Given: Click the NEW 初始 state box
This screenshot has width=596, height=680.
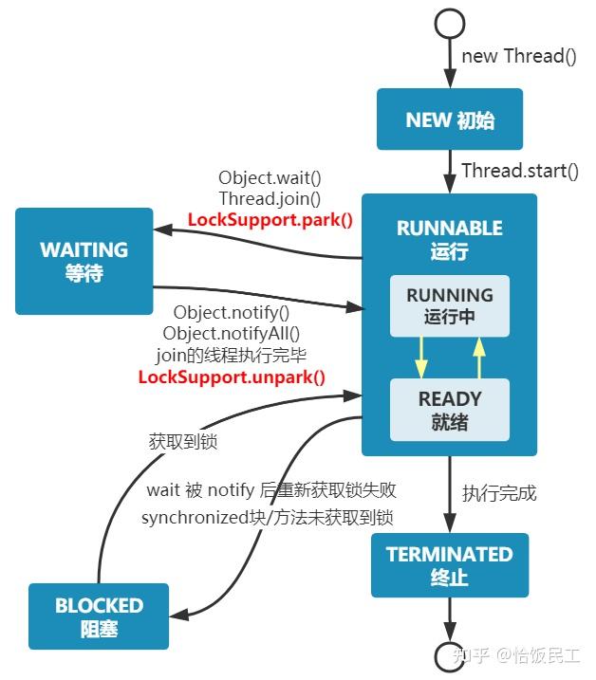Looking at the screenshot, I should [x=450, y=119].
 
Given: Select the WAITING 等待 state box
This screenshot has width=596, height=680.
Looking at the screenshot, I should [x=84, y=261].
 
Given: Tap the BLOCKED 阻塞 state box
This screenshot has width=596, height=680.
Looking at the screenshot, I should [x=99, y=616].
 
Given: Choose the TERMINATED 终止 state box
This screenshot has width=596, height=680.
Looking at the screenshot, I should [x=449, y=564].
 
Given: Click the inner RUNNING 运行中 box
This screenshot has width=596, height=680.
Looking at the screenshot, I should [x=449, y=306].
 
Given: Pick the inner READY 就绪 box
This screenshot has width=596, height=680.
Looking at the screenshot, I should [x=449, y=410].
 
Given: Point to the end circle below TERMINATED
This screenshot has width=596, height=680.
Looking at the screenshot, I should [x=450, y=655].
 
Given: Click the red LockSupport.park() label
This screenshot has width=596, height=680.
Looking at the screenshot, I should [x=270, y=220].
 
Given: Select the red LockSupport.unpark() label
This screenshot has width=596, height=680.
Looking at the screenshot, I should [x=232, y=377].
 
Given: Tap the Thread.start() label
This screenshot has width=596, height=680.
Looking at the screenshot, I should [x=519, y=171].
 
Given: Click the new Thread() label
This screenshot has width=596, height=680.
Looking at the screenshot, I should [x=518, y=56].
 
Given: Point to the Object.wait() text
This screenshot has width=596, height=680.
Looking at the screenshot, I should [x=270, y=177].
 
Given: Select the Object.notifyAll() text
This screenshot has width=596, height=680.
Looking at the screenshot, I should [x=232, y=333].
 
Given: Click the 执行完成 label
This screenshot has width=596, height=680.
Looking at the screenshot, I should [x=499, y=493].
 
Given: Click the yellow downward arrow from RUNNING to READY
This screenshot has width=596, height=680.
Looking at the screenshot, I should [x=419, y=358].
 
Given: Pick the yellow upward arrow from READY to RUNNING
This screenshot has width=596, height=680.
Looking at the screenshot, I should [x=479, y=358].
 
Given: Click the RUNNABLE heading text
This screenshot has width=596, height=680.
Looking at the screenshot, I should [x=449, y=229].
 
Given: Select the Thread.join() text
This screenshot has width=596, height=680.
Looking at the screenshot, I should [x=270, y=199].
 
